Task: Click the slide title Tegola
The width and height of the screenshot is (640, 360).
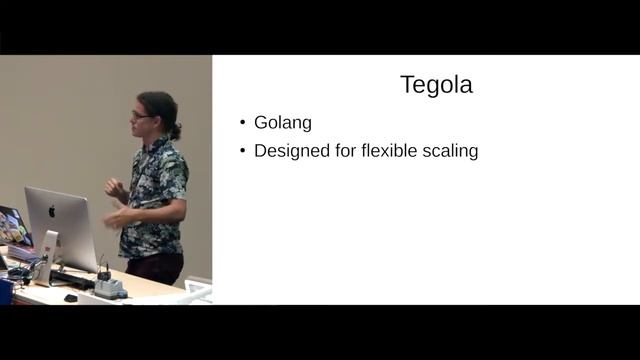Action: coord(436,85)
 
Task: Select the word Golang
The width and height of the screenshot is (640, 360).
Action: coord(283,123)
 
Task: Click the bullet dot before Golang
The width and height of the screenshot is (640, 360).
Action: coord(243,124)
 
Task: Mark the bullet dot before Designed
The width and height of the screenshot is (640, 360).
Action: coord(243,153)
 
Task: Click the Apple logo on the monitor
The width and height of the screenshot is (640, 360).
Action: coord(52,211)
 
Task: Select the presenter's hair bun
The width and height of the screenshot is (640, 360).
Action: coord(176,130)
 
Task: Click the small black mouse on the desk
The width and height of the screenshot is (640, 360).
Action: coord(70,297)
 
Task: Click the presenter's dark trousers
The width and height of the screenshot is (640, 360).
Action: coord(155,267)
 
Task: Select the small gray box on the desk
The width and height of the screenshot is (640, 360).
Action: coord(109,288)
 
